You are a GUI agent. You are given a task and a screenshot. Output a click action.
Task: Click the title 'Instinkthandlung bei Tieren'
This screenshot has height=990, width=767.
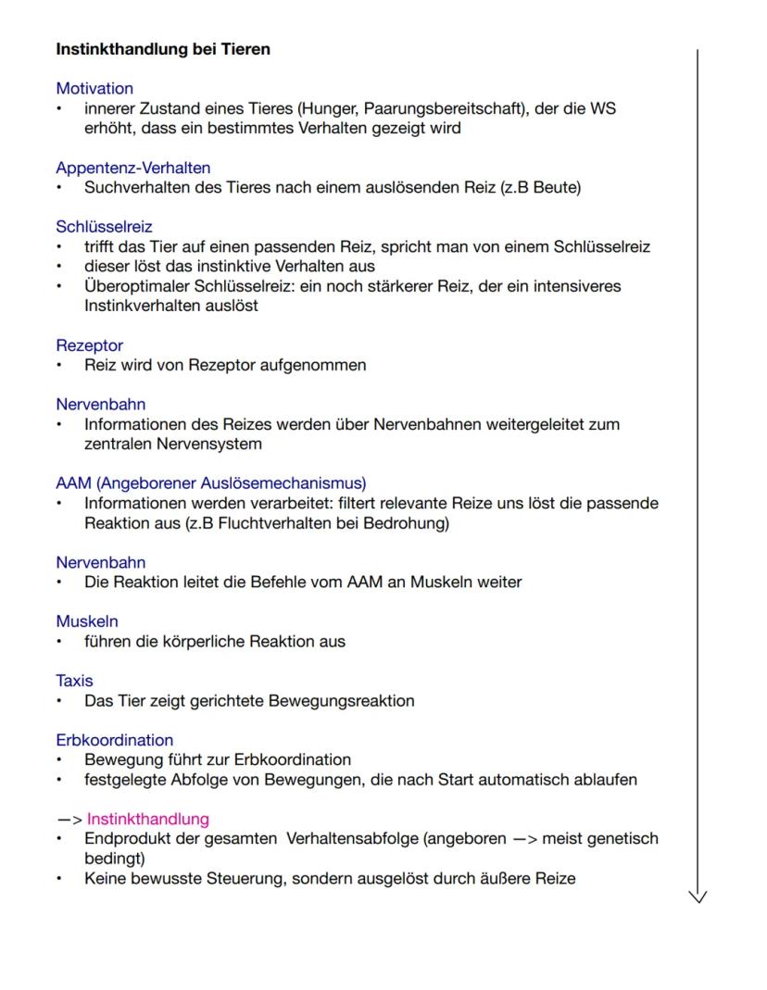[163, 49]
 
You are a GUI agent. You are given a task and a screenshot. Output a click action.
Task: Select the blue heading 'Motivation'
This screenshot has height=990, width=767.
[94, 89]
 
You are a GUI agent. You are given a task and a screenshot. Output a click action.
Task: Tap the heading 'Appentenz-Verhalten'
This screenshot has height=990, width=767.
[132, 168]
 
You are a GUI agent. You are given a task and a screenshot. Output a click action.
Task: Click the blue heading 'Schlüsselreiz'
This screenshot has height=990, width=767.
[104, 227]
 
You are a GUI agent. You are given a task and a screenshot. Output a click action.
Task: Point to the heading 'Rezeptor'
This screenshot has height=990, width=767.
[89, 345]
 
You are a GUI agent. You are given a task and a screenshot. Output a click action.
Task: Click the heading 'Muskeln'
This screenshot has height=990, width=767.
[87, 621]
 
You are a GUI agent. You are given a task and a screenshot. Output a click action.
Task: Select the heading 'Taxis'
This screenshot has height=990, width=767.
[74, 681]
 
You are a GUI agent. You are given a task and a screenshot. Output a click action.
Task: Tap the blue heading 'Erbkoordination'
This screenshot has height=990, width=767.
[114, 740]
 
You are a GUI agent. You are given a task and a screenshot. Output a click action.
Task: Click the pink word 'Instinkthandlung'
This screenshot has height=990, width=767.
[148, 819]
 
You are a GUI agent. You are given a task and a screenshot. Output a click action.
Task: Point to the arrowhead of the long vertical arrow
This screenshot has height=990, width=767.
[698, 895]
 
